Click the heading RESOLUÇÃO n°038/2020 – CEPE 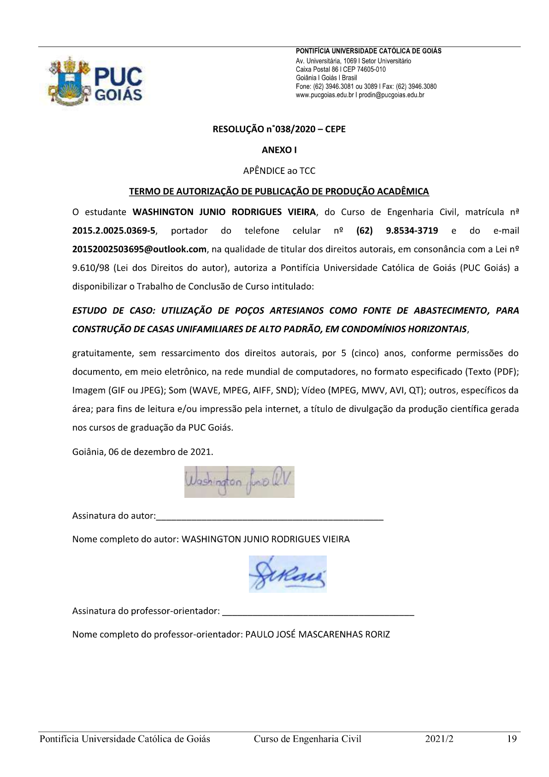279,129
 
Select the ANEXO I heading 279,150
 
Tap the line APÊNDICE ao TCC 279,171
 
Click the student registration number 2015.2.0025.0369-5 114,231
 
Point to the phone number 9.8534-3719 412,231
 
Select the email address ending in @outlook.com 139,249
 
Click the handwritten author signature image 239,482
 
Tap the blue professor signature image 288,574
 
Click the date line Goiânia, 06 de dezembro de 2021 142,452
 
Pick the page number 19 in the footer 512,739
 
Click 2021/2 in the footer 439,739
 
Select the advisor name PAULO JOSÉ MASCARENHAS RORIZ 317,634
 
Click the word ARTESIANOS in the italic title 296,311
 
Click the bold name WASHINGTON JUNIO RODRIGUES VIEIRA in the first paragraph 224,212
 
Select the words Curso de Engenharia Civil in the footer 307,739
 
